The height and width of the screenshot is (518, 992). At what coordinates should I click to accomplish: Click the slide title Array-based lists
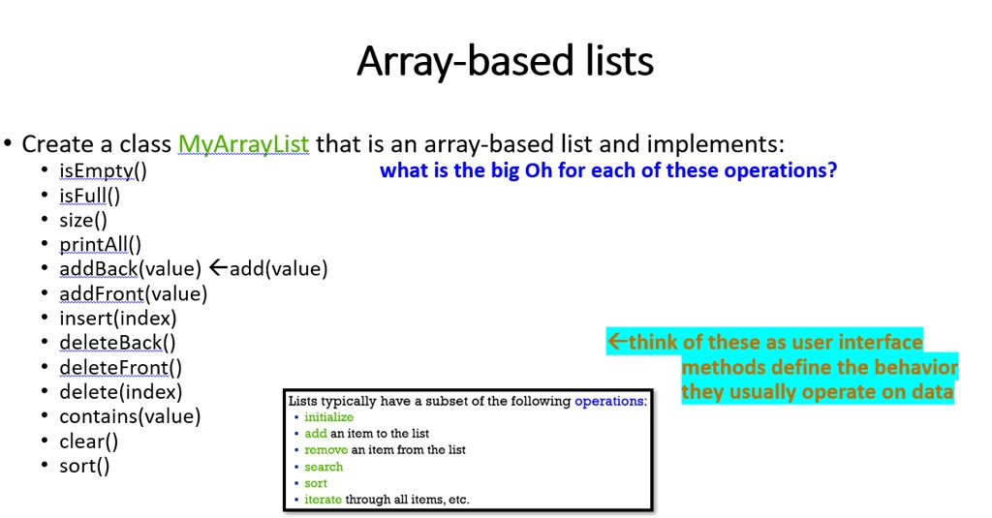tap(505, 61)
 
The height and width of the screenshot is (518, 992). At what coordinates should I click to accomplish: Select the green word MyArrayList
tap(243, 144)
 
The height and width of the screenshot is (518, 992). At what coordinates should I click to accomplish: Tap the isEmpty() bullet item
tap(103, 170)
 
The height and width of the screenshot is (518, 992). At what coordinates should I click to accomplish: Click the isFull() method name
tap(90, 196)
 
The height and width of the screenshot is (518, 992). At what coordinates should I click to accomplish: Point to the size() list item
tap(83, 220)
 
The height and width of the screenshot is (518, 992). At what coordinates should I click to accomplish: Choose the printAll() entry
tap(101, 244)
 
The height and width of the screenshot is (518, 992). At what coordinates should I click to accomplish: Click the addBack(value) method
tap(131, 269)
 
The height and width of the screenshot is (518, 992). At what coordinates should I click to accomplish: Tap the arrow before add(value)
tap(218, 268)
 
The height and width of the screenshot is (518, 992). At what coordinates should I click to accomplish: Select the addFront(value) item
tap(134, 293)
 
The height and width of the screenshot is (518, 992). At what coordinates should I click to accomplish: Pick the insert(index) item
tap(118, 319)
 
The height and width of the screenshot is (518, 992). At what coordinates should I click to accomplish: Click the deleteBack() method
tap(117, 343)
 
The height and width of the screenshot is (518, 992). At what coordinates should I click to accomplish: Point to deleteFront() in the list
tap(121, 368)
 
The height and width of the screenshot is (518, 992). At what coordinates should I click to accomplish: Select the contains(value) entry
tap(131, 416)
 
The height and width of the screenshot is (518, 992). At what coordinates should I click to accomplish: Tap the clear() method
tap(88, 441)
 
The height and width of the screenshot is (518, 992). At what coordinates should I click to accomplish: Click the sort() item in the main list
tap(85, 466)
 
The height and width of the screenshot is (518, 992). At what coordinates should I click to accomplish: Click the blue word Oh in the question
tap(539, 170)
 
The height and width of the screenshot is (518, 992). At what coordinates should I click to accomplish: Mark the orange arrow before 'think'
tap(617, 342)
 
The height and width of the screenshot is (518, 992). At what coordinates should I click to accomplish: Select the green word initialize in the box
tap(329, 416)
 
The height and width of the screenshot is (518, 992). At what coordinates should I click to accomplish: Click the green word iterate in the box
tap(324, 500)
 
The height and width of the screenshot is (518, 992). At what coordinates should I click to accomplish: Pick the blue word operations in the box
tap(608, 401)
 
